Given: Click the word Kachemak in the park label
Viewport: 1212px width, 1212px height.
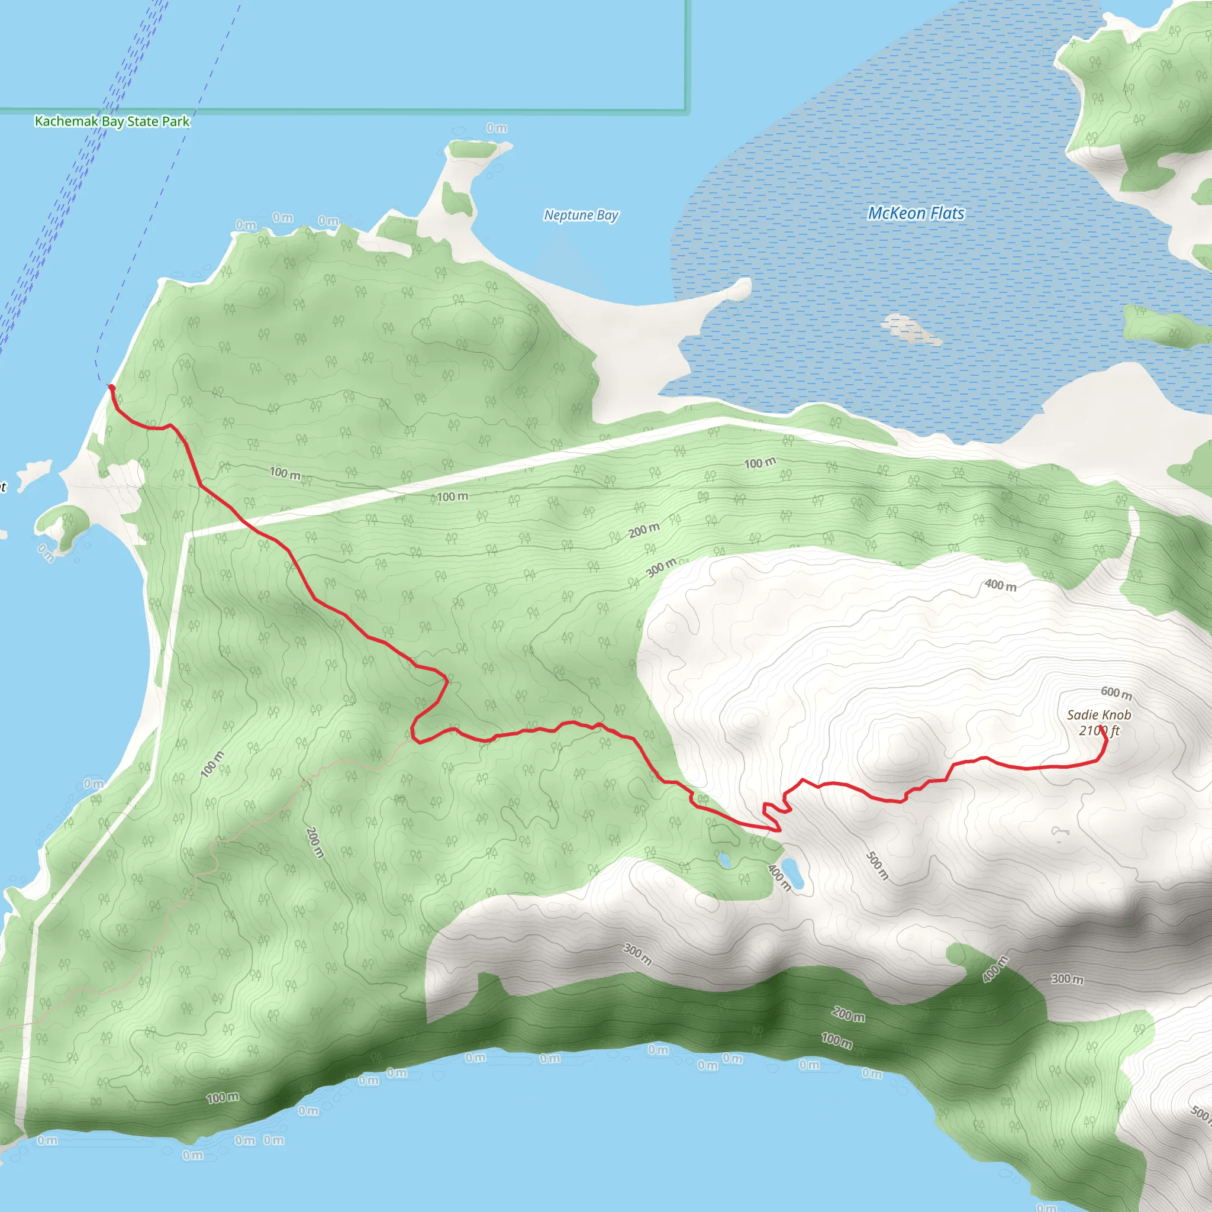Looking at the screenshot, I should pos(65,121).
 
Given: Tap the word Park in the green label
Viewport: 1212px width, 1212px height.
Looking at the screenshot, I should pos(176,121).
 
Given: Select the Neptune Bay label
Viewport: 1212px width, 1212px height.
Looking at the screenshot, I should pos(581,215).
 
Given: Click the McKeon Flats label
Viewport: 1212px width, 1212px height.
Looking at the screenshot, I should pos(916,213).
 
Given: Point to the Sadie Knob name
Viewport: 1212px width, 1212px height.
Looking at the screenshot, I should pos(1099,714).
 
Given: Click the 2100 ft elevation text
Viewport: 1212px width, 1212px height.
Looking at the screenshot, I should pos(1099,731).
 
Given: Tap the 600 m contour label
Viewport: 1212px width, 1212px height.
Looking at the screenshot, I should pos(1117,692).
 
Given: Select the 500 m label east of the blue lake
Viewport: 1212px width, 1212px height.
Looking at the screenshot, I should pos(877,866).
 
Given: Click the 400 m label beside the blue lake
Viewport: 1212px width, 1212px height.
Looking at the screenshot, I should pos(779,876).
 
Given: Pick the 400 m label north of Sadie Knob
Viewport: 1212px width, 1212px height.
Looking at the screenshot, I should pos(1000,585).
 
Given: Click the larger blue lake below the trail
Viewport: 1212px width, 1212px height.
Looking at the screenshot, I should pos(794,874).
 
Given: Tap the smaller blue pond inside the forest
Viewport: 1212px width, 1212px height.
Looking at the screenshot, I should pos(725,859).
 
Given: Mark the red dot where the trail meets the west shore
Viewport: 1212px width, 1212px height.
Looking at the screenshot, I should pos(111,387).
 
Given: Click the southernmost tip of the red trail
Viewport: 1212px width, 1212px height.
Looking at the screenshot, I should pos(778,830).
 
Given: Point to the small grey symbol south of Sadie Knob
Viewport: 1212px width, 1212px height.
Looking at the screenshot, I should pos(1060,832).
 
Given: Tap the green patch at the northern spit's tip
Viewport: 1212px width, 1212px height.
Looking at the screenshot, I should pos(472,149).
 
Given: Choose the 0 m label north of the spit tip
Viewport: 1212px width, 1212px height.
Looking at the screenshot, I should pos(497,128).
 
